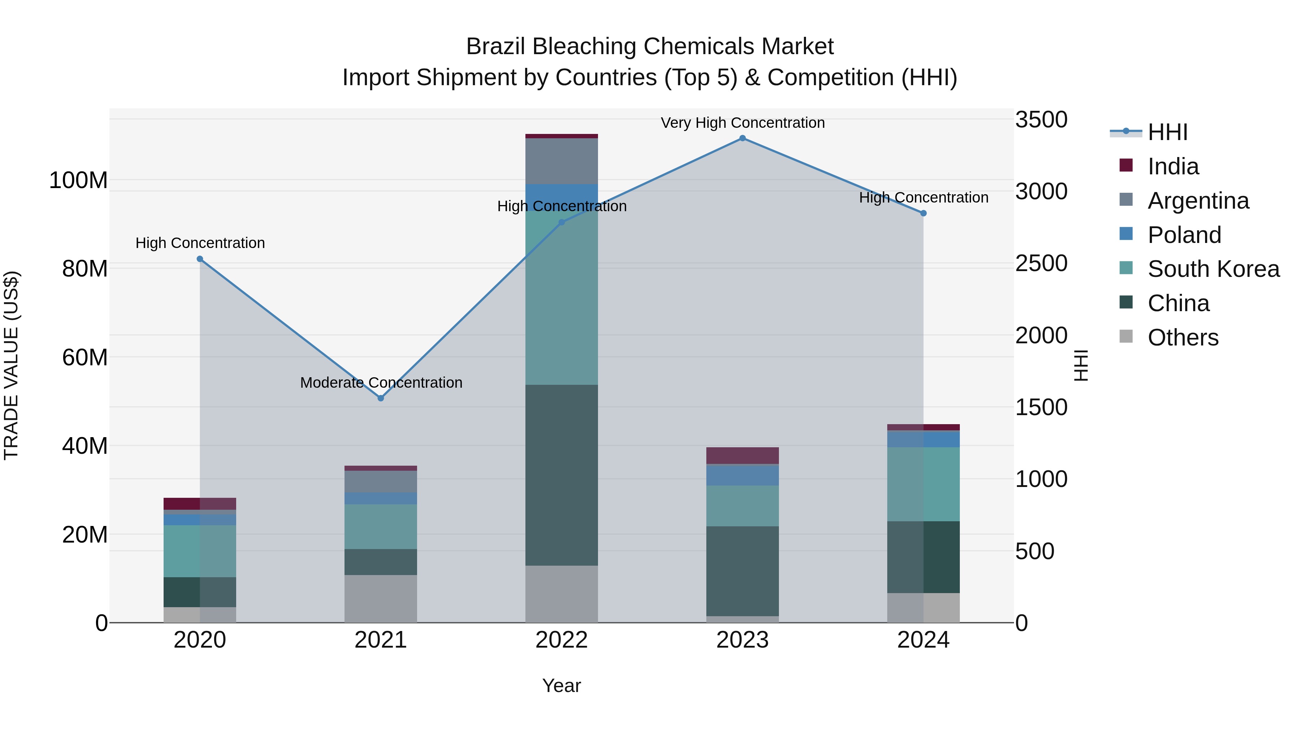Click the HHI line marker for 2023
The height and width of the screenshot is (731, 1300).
[742, 138]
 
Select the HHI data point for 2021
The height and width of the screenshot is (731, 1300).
[381, 398]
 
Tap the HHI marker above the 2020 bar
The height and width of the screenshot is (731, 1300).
[200, 259]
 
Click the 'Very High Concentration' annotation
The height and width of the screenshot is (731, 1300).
[742, 123]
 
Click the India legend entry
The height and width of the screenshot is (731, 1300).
[1173, 166]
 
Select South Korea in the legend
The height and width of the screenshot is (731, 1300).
[1213, 269]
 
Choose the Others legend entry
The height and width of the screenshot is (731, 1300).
[1183, 338]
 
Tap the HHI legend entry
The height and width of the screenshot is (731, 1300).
[1167, 132]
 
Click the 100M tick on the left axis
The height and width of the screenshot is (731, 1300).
[78, 180]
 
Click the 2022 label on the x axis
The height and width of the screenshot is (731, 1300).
[561, 640]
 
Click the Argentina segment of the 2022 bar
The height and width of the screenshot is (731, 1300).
[561, 161]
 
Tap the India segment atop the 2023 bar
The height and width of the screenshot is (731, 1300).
[742, 455]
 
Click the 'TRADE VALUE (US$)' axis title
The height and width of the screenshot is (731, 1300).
[11, 365]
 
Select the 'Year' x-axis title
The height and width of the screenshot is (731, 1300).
[561, 686]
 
